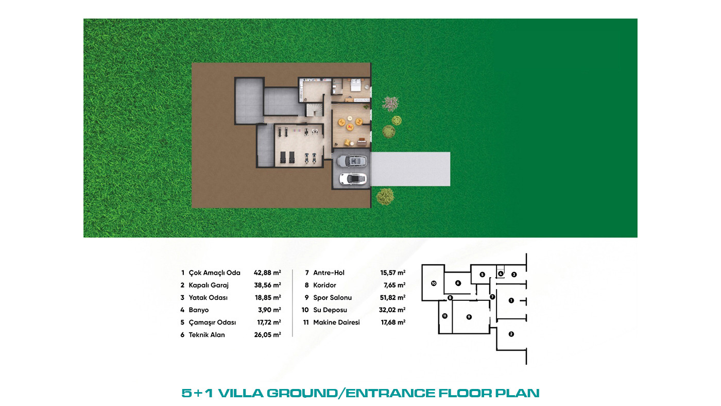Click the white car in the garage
pyautogui.click(x=353, y=179)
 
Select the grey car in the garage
pyautogui.click(x=352, y=160)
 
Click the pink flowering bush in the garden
pyautogui.click(x=390, y=104)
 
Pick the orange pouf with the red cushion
pyautogui.click(x=350, y=127)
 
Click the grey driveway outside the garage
pyautogui.click(x=410, y=169)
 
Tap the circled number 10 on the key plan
pyautogui.click(x=434, y=283)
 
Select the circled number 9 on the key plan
pyautogui.click(x=469, y=317)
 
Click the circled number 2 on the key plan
pyautogui.click(x=511, y=334)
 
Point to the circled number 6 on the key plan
pyautogui.click(x=458, y=283)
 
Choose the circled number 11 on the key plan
pyautogui.click(x=444, y=316)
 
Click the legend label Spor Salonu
pyautogui.click(x=333, y=297)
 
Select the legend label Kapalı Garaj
pyautogui.click(x=209, y=285)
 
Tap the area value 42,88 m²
pyautogui.click(x=267, y=273)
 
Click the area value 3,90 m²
pyautogui.click(x=269, y=310)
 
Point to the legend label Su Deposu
pyautogui.click(x=330, y=310)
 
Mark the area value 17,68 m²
pyautogui.click(x=393, y=323)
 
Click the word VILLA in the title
pyautogui.click(x=241, y=393)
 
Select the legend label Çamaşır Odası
pyautogui.click(x=212, y=323)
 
